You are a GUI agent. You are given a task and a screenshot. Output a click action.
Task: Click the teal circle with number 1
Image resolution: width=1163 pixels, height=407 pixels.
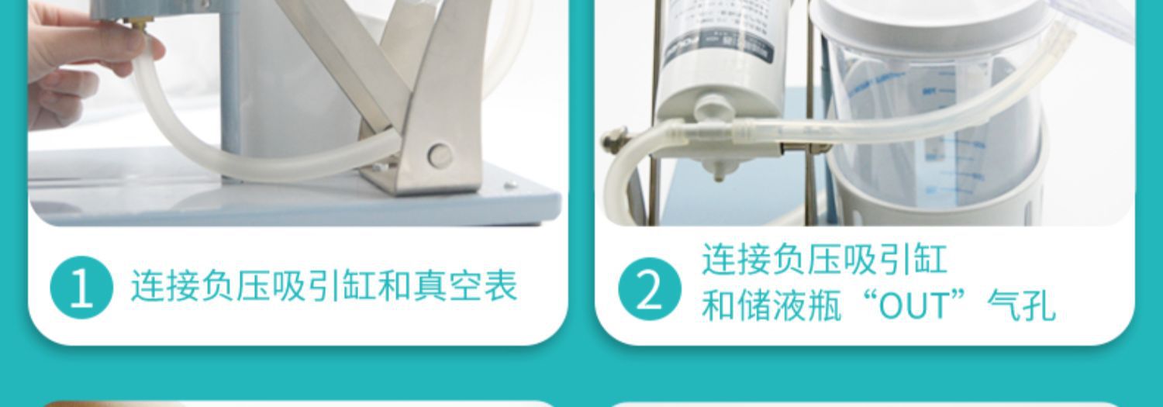81,288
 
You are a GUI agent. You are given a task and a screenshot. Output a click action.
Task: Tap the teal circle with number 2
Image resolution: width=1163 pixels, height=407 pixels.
649,289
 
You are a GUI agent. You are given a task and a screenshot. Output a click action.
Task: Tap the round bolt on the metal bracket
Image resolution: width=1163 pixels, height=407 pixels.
440,155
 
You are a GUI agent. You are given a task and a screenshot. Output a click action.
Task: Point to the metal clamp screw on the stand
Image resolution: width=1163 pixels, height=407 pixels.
614,140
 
